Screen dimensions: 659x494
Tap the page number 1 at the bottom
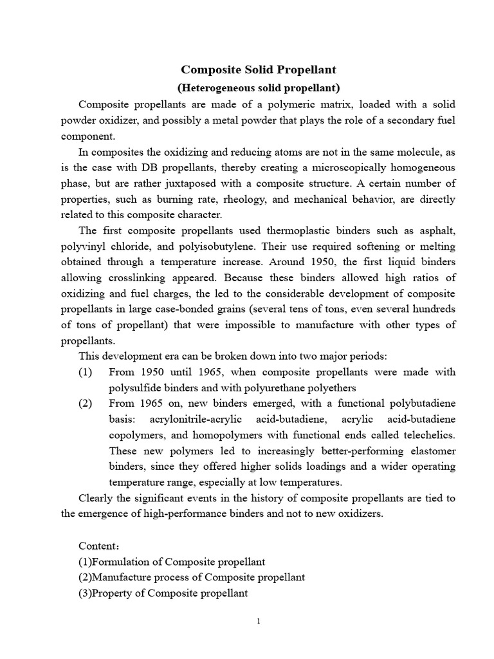coord(258,621)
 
